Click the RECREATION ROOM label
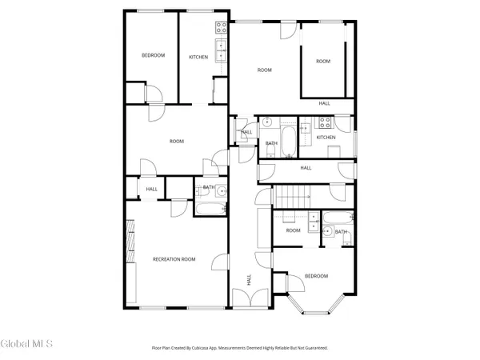[174, 259]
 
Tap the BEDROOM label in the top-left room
[153, 55]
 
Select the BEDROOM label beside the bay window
[315, 276]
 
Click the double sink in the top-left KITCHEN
[221, 50]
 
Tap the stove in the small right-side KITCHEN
[326, 123]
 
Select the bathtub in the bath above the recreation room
[210, 209]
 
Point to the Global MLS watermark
[26, 344]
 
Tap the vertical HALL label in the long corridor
[249, 280]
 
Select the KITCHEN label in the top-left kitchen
[198, 57]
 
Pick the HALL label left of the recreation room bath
[151, 189]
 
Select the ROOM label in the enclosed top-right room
[322, 62]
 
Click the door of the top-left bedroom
[155, 93]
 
